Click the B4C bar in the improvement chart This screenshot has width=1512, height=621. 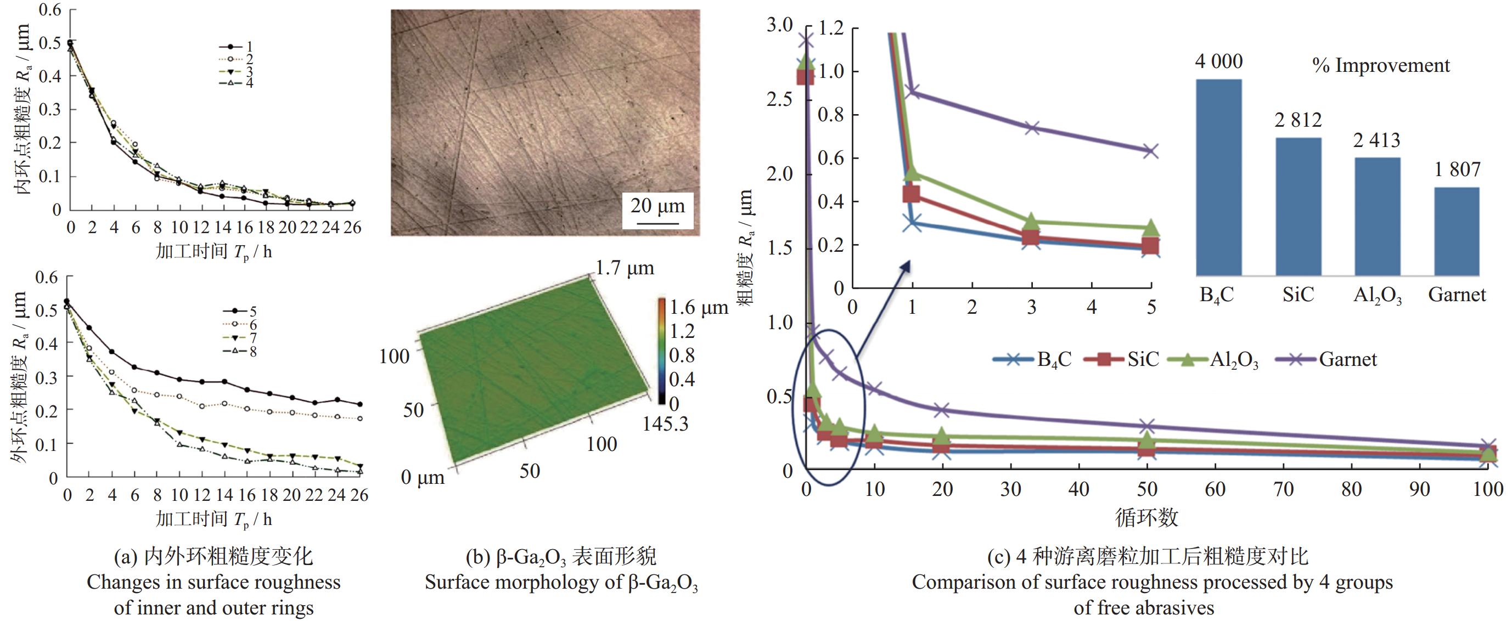tap(1218, 176)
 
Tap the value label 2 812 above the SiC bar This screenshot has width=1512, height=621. tap(1298, 120)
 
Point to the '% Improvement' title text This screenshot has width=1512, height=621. tap(1380, 66)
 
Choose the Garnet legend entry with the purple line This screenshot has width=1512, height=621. tap(1326, 359)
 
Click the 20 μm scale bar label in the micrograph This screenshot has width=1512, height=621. tap(657, 207)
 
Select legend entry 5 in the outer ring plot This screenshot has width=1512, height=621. tap(240, 311)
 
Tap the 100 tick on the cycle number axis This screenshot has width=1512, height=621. tap(1487, 489)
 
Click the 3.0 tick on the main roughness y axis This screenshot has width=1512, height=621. tap(779, 25)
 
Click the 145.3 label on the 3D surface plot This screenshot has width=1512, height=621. tap(665, 424)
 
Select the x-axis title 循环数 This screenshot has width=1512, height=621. tap(1146, 517)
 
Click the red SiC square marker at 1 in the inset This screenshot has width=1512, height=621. tap(911, 194)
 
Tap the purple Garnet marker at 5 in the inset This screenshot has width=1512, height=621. tap(1150, 151)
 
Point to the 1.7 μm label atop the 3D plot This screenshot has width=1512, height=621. tap(625, 268)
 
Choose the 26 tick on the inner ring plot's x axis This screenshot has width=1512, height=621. tap(352, 228)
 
